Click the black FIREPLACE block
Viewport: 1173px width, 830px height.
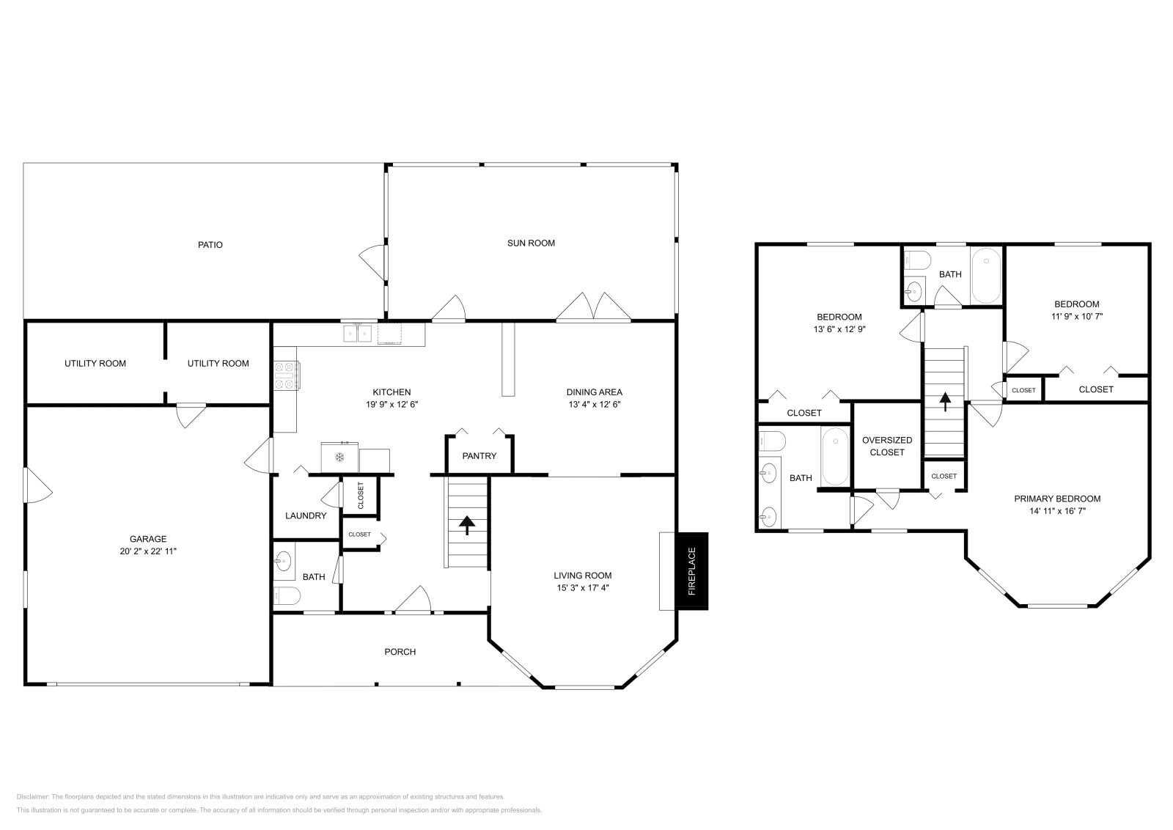pos(692,570)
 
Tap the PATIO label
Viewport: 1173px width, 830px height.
pos(210,245)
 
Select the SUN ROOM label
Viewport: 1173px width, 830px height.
pos(531,243)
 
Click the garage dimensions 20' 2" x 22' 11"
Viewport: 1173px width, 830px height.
pos(149,551)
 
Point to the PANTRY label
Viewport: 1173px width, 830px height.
pos(479,456)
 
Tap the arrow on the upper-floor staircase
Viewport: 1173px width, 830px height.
pos(945,401)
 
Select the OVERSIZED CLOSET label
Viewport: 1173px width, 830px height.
pos(887,446)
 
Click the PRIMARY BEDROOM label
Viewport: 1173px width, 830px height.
pos(1057,499)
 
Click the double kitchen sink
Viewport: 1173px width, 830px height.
pos(358,334)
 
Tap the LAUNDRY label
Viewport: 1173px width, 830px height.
pos(306,515)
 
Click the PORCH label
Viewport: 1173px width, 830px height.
pos(400,651)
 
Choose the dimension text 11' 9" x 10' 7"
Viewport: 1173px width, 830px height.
pos(1076,317)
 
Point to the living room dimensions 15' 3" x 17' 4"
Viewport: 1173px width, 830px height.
pos(582,587)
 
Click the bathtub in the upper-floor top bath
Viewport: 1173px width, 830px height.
pos(986,276)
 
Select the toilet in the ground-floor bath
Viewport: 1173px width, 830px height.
pos(286,595)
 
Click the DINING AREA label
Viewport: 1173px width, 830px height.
pos(594,392)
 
